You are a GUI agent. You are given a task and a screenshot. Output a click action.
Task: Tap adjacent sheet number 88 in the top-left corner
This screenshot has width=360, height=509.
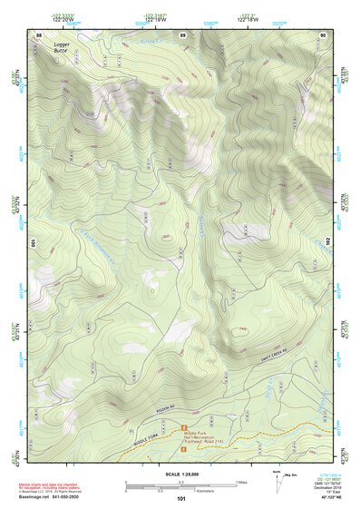click(x=38, y=34)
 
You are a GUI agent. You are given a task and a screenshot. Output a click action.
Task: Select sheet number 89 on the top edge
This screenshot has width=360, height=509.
click(x=183, y=34)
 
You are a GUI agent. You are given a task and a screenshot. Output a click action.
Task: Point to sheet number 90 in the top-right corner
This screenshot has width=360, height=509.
click(x=323, y=34)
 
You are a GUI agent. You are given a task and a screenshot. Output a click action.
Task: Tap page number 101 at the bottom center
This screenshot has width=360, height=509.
click(x=181, y=498)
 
